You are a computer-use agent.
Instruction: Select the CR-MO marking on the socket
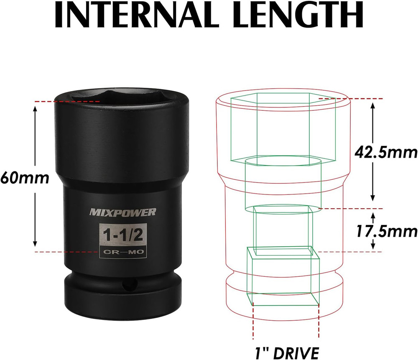123,253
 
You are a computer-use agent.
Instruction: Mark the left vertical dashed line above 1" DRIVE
253,322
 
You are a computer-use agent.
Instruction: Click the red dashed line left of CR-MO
67,252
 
